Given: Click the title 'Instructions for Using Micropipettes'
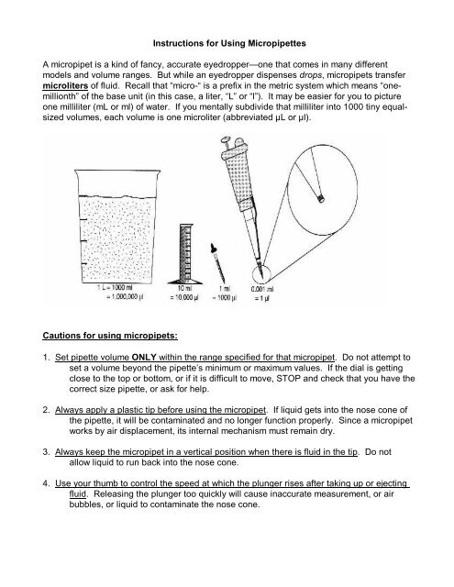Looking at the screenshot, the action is click(229, 43).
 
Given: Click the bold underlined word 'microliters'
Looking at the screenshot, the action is click(65, 85).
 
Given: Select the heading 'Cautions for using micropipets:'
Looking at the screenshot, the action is click(110, 336).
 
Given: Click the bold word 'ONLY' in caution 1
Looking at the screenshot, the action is click(144, 357).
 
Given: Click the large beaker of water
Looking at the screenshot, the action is click(117, 227).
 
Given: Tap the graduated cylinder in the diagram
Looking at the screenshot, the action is click(185, 254).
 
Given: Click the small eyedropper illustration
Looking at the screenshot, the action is click(218, 263).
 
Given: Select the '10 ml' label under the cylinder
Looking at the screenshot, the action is click(184, 289).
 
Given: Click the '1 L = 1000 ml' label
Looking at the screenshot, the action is click(115, 287).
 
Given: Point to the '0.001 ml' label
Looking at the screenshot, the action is click(262, 289).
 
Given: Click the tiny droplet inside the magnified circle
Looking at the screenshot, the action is click(320, 198).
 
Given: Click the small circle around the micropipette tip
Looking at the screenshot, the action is click(260, 273).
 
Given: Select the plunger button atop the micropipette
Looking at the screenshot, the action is click(226, 140).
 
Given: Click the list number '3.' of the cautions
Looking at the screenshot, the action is click(47, 452).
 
